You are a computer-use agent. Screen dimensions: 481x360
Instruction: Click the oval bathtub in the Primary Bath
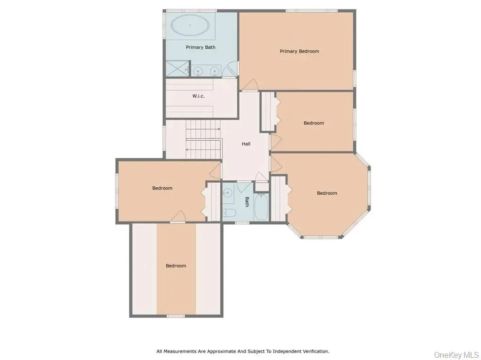[x=190, y=25]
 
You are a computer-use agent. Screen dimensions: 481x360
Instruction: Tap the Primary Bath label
[x=201, y=47]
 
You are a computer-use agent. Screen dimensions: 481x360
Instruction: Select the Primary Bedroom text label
[x=299, y=51]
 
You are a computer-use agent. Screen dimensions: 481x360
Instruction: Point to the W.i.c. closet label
[x=199, y=96]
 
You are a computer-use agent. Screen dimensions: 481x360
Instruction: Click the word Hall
[x=246, y=144]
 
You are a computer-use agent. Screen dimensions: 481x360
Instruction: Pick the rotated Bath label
[x=247, y=202]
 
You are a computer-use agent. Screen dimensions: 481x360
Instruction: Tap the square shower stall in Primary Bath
[x=178, y=69]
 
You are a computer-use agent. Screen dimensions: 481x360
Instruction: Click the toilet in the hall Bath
[x=229, y=212]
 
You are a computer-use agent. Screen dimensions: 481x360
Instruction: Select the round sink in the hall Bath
[x=228, y=193]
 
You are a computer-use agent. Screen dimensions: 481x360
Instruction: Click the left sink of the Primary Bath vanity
[x=198, y=71]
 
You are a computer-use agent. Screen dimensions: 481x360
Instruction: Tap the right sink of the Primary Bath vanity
[x=215, y=71]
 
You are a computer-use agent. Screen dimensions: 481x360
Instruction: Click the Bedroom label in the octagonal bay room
[x=327, y=193]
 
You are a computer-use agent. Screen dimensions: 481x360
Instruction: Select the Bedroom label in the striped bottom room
[x=176, y=266]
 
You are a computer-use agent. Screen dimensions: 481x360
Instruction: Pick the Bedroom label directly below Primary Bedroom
[x=314, y=123]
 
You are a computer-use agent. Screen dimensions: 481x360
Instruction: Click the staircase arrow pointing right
[x=203, y=129]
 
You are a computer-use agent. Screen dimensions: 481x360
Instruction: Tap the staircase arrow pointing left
[x=203, y=150]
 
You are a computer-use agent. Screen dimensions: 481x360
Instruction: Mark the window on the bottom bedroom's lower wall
[x=176, y=316]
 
